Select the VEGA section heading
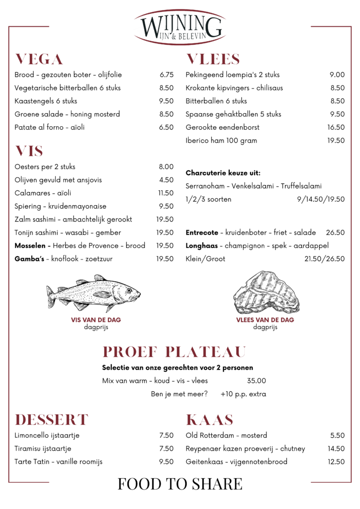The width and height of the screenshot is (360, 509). [x=39, y=60]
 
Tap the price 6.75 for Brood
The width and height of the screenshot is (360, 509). [x=166, y=75]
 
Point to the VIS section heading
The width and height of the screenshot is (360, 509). [x=29, y=151]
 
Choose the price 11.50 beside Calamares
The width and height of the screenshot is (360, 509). [x=166, y=193]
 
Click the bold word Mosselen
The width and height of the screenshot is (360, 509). [x=32, y=246]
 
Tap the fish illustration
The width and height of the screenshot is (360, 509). [x=93, y=292]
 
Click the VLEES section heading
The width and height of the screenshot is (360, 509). [x=213, y=60]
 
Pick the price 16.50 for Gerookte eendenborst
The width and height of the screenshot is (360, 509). [x=336, y=127]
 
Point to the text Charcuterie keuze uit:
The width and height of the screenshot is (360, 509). [x=223, y=173]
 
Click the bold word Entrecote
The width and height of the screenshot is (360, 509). [x=202, y=233]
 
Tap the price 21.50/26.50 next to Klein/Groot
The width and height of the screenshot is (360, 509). [x=324, y=259]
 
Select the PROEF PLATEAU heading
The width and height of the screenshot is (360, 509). [x=174, y=352]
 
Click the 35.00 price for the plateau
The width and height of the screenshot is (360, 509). [x=256, y=381]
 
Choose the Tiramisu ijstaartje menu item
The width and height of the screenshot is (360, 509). [x=47, y=448]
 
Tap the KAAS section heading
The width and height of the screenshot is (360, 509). [x=209, y=420]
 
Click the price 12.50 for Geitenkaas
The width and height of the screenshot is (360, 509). [x=336, y=462]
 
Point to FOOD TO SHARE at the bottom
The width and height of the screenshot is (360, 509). [x=180, y=484]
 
